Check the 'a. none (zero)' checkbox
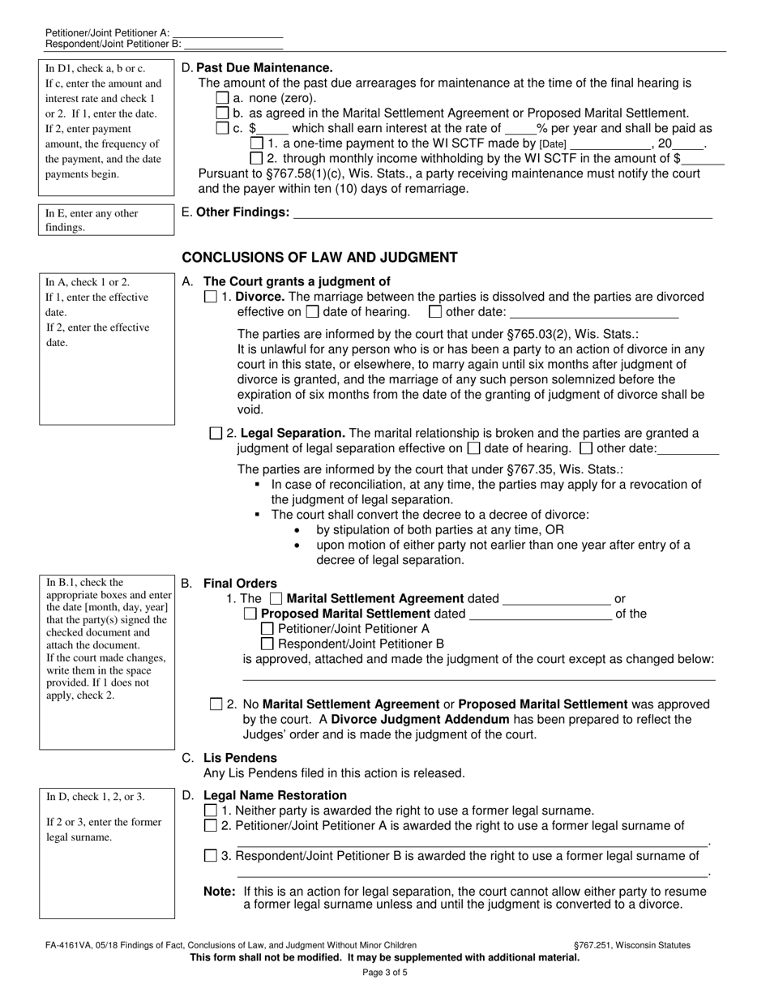tap(223, 98)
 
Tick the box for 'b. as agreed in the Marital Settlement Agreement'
tap(223, 113)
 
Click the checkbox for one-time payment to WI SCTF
tap(258, 143)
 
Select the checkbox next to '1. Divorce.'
tap(212, 297)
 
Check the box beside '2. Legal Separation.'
tap(216, 434)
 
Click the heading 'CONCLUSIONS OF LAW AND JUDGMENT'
tap(319, 258)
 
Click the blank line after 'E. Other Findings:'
tap(503, 213)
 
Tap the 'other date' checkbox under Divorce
tap(435, 311)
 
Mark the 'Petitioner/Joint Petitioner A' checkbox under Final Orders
tap(267, 628)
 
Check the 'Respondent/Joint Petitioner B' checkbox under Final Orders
tap(267, 644)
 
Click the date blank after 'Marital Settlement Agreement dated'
tap(556, 600)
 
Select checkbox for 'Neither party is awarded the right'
tap(211, 811)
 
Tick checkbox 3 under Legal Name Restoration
tap(211, 856)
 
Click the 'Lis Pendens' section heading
tap(240, 758)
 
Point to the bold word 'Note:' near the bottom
tap(220, 892)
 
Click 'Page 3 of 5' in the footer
tap(385, 972)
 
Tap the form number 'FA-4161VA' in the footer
tap(68, 945)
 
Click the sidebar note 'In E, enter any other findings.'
tap(106, 220)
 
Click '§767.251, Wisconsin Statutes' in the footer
tap(631, 945)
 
